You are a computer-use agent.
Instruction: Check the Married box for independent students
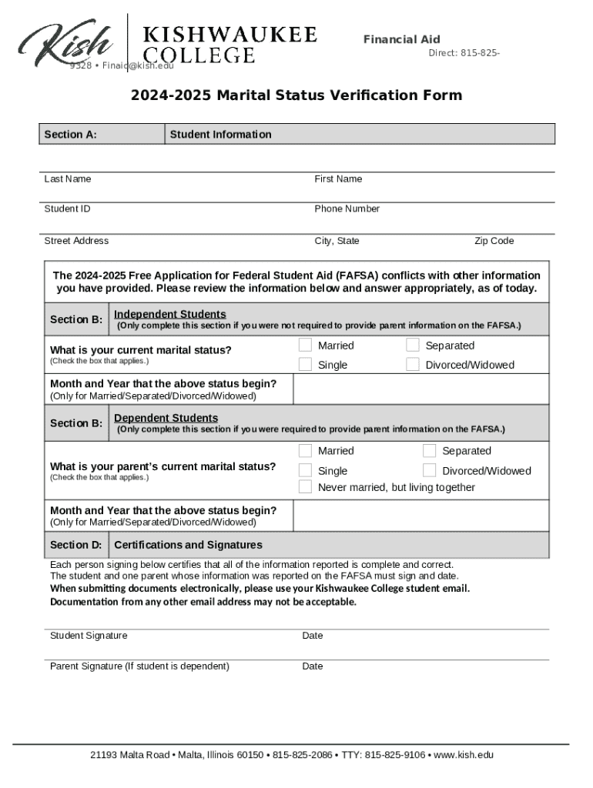[x=306, y=345]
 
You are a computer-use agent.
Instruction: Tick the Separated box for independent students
[x=413, y=345]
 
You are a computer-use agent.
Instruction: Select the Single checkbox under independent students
[x=306, y=364]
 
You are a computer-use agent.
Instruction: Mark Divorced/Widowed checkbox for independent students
[x=413, y=364]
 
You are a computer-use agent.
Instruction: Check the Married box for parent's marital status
[x=306, y=450]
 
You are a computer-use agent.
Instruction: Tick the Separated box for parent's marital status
[x=429, y=450]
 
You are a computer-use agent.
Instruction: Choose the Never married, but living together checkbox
[x=306, y=487]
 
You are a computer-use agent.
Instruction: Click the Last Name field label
[x=68, y=179]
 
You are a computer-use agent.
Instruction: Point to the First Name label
[x=338, y=179]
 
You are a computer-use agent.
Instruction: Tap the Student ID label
[x=67, y=209]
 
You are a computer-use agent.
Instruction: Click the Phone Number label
[x=347, y=209]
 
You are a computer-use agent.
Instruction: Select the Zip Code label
[x=494, y=241]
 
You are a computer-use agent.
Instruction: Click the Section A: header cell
[x=71, y=135]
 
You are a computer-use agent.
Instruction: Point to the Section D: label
[x=76, y=545]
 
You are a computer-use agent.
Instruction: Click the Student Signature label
[x=89, y=636]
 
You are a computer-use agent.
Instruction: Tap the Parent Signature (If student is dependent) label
[x=139, y=666]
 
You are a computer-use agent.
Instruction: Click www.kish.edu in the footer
[x=464, y=755]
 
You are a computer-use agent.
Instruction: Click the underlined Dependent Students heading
[x=166, y=418]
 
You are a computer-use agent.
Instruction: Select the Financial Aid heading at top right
[x=401, y=39]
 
